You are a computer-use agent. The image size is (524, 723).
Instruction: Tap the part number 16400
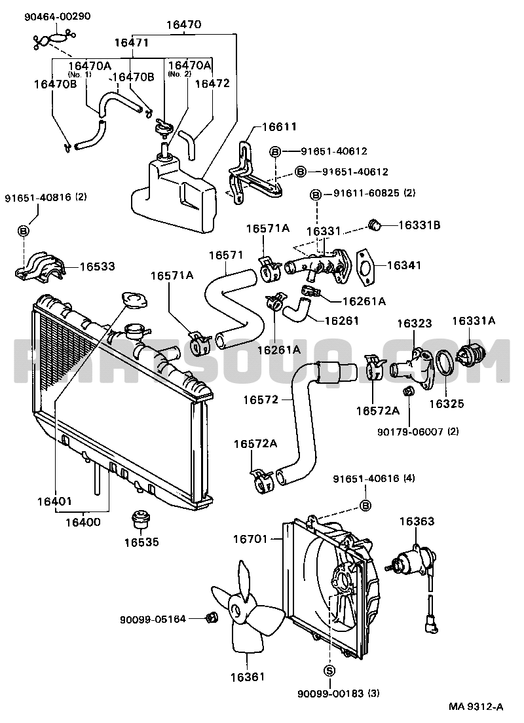(x=83, y=522)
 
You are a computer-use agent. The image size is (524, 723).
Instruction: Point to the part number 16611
(x=279, y=126)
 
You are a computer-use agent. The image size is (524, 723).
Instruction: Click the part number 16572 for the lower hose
(x=261, y=399)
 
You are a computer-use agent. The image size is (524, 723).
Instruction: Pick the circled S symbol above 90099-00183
(x=329, y=671)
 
